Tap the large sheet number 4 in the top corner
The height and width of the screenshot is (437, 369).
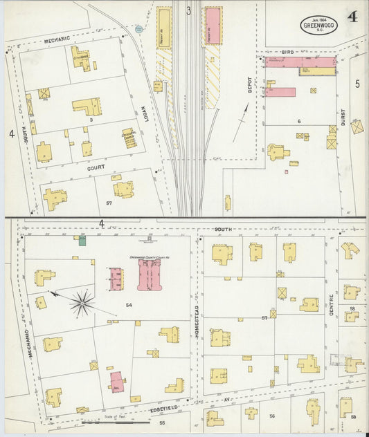(x=352, y=17)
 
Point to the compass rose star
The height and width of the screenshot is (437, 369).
(x=82, y=303)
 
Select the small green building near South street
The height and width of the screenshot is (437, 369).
(x=82, y=241)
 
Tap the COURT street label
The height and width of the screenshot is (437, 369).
(x=95, y=167)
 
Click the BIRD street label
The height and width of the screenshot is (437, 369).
(x=288, y=53)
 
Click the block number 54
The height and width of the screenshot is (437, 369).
(x=128, y=305)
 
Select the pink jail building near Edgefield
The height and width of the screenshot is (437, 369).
(x=117, y=382)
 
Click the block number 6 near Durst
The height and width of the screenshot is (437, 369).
(x=299, y=120)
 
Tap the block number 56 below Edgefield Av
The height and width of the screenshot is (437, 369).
(x=272, y=416)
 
